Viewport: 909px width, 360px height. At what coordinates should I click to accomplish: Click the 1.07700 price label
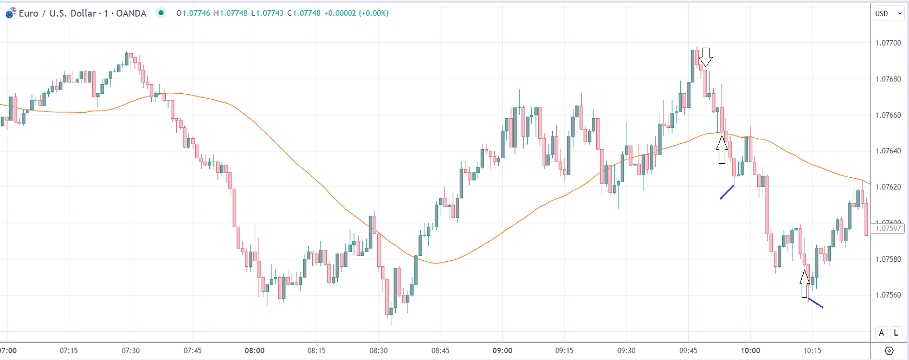click(x=888, y=43)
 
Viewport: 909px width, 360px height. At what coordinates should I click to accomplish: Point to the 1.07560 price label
click(x=888, y=295)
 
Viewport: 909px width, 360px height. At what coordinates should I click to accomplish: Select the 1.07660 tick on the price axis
click(x=888, y=115)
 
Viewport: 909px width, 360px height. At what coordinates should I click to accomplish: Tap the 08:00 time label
click(x=254, y=350)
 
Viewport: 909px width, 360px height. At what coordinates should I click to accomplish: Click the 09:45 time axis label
click(x=688, y=350)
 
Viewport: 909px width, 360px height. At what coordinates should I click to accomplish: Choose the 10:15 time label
click(x=812, y=350)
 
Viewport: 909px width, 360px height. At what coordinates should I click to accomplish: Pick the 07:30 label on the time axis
click(x=131, y=350)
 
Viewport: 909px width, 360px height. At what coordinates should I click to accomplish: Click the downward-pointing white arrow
click(x=705, y=56)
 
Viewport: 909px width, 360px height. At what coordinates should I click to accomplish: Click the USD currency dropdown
click(x=888, y=14)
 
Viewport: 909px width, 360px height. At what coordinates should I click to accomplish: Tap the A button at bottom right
click(x=881, y=333)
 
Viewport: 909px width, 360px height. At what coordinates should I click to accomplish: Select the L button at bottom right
click(x=896, y=333)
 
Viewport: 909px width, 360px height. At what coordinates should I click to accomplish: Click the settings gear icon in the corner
click(x=889, y=350)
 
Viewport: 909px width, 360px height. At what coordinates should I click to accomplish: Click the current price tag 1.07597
click(x=888, y=228)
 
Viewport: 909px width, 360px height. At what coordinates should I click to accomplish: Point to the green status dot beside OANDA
click(x=161, y=13)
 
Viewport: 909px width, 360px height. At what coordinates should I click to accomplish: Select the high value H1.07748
click(x=230, y=13)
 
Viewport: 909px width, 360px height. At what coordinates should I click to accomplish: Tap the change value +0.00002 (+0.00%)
click(x=356, y=13)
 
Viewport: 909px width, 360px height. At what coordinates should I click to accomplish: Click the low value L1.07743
click(x=267, y=13)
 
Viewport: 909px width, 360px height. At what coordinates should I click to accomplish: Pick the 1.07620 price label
click(x=888, y=187)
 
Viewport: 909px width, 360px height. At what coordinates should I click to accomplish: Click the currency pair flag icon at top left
click(x=10, y=13)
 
